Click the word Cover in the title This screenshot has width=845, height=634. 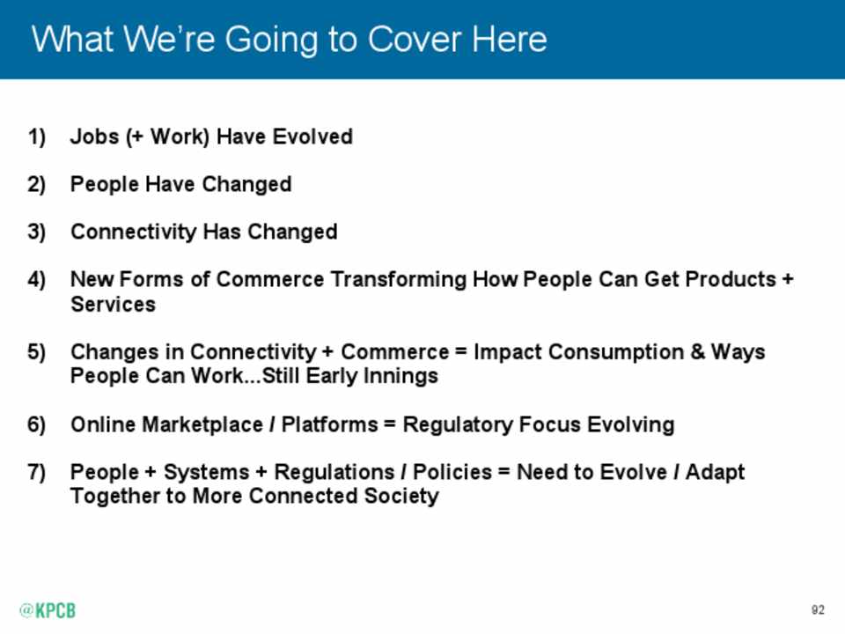pyautogui.click(x=414, y=40)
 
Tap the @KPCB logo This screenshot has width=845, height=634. pyautogui.click(x=48, y=610)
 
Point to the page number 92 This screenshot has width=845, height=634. pyautogui.click(x=818, y=609)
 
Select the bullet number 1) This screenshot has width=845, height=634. pyautogui.click(x=37, y=137)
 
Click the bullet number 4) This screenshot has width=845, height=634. pyautogui.click(x=37, y=279)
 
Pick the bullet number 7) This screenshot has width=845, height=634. pyautogui.click(x=37, y=472)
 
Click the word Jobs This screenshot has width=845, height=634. pyautogui.click(x=95, y=137)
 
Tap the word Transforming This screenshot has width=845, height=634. pyautogui.click(x=399, y=279)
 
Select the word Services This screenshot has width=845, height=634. pyautogui.click(x=114, y=304)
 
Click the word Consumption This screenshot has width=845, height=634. pyautogui.click(x=616, y=351)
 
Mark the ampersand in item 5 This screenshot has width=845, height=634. pyautogui.click(x=697, y=351)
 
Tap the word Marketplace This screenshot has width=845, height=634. pyautogui.click(x=203, y=424)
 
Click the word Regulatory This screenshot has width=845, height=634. pyautogui.click(x=458, y=424)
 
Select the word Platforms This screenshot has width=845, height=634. pyautogui.click(x=330, y=424)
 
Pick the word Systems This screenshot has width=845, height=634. pyautogui.click(x=207, y=472)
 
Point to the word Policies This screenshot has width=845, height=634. pyautogui.click(x=452, y=472)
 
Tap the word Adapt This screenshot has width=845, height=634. pyautogui.click(x=715, y=472)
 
